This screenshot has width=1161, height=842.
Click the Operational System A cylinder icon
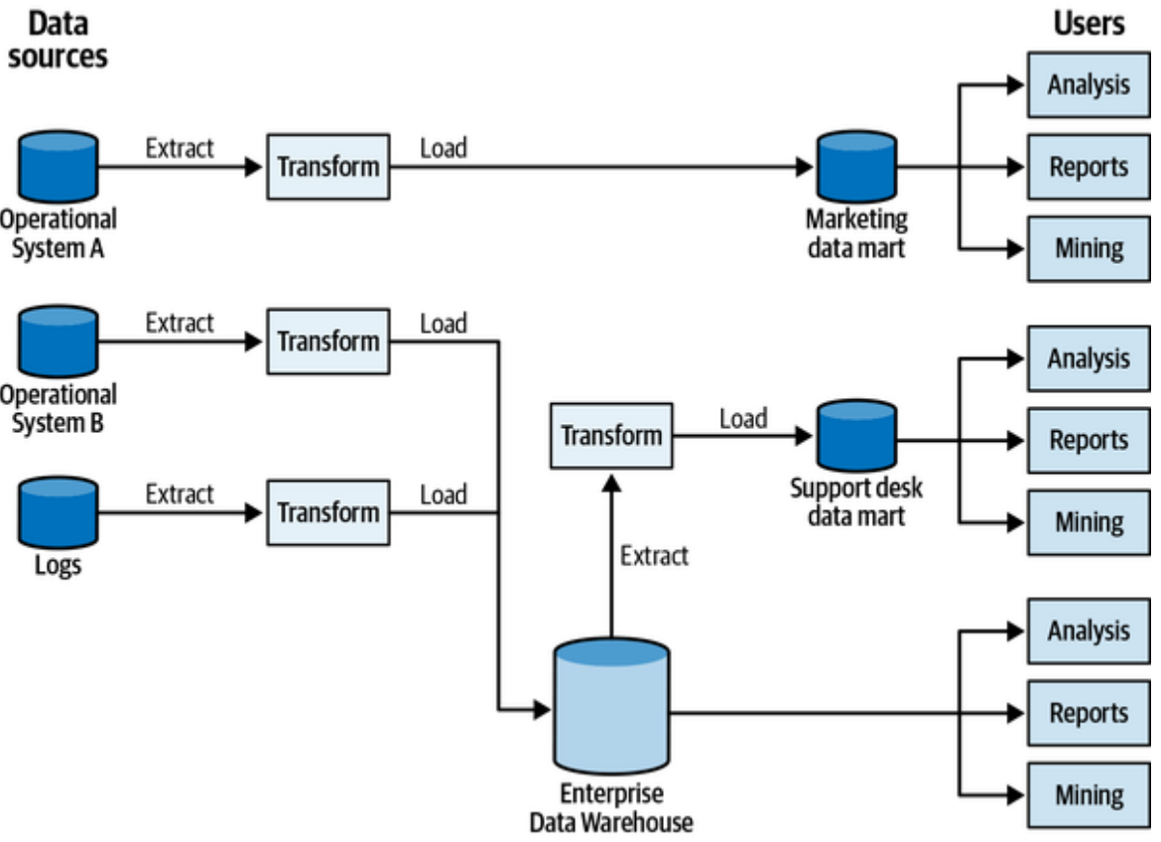point(59,167)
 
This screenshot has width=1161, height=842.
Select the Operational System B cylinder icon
point(59,342)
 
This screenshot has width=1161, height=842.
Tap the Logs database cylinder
point(59,512)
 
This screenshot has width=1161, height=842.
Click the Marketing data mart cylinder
point(856,167)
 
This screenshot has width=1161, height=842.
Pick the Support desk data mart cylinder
point(856,438)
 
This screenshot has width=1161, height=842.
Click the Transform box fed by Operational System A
point(327,167)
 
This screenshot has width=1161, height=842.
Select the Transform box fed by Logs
point(327,512)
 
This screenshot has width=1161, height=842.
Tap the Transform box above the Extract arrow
point(611,435)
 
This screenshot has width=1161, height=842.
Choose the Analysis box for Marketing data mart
point(1088,85)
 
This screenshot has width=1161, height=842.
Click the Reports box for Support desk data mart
point(1088,440)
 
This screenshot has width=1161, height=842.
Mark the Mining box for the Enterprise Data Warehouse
point(1088,795)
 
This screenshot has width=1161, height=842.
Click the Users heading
point(1089,24)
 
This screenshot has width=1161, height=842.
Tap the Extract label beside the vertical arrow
point(654,555)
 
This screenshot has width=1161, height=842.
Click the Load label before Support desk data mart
point(743,419)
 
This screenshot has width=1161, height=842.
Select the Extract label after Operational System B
point(180,323)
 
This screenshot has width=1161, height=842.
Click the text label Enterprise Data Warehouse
point(610,808)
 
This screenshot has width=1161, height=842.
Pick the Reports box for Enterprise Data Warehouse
point(1088,713)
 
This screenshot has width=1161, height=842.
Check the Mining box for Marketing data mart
point(1088,248)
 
